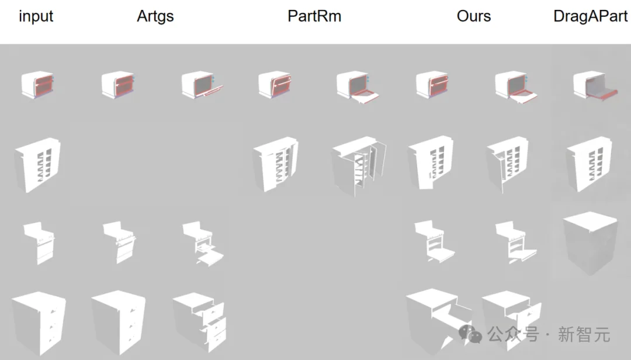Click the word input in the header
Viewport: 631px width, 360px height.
coord(36,16)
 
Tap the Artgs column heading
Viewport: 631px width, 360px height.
coord(155,16)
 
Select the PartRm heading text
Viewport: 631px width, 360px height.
coord(314,16)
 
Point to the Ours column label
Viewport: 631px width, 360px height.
coord(474,16)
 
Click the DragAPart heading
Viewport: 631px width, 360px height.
coord(591,16)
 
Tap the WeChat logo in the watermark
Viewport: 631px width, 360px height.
coord(470,334)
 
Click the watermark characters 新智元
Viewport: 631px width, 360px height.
coord(584,335)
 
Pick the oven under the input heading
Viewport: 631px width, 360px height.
coord(38,85)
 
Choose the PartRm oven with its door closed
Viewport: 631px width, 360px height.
coord(274,85)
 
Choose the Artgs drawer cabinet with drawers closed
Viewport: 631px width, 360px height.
coord(119,321)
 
